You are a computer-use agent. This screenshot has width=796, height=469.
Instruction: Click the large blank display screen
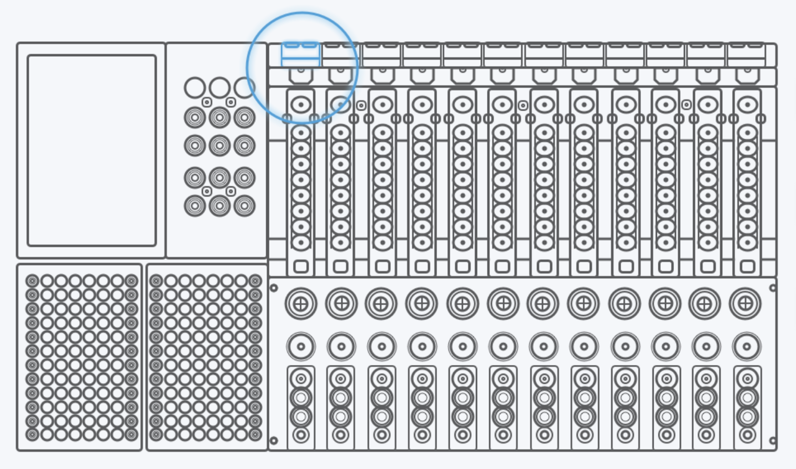tap(92, 150)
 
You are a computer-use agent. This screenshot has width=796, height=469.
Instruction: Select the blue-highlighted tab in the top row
tap(300, 55)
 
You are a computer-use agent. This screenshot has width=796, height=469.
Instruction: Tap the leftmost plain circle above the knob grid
tap(195, 87)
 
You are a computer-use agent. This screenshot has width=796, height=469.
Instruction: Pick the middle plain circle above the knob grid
tap(220, 87)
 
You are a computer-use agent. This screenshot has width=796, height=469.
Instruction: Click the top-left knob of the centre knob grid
tap(195, 117)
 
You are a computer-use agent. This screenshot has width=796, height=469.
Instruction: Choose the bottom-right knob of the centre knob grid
tap(244, 206)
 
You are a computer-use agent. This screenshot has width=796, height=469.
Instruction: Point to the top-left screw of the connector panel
tap(274, 288)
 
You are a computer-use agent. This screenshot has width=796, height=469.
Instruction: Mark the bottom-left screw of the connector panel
tap(274, 440)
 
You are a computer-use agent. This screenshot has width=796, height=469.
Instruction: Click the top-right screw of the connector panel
tap(773, 288)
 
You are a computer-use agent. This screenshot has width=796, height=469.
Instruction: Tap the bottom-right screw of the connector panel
tap(773, 440)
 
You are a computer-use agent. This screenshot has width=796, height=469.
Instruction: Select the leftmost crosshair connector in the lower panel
tap(301, 304)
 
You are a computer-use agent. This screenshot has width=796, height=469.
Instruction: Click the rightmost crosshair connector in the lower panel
tap(745, 304)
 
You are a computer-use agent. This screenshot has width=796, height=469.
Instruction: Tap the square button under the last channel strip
tap(747, 267)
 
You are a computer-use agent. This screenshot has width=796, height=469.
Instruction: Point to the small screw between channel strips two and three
tap(361, 106)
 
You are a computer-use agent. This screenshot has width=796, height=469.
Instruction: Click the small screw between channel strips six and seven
tap(523, 106)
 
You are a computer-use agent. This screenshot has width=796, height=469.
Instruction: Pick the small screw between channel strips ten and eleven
tap(686, 105)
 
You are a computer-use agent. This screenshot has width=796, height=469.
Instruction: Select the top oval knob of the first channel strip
tap(301, 104)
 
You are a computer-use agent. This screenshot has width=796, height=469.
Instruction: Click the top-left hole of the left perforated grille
tap(32, 281)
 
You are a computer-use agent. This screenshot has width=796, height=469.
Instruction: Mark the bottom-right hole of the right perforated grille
tap(255, 435)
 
